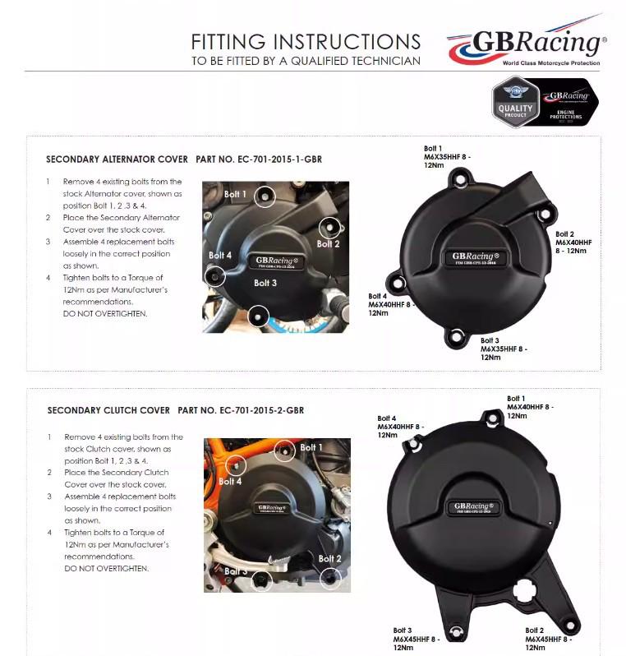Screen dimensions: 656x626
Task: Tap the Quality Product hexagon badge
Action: click(515, 104)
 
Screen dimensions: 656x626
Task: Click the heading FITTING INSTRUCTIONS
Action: click(305, 42)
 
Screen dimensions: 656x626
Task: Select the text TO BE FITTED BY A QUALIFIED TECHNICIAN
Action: click(306, 61)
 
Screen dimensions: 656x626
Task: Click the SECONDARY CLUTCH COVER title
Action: click(108, 410)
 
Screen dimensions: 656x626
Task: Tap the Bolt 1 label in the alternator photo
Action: click(235, 194)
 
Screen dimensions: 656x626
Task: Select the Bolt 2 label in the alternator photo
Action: click(328, 243)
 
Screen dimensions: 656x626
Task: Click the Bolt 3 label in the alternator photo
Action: click(265, 283)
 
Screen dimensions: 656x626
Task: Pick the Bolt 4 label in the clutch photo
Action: click(231, 481)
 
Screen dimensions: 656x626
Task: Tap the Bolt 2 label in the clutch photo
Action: click(329, 559)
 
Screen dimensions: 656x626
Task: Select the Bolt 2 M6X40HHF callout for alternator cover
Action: click(573, 243)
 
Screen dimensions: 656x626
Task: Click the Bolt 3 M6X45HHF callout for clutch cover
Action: click(416, 639)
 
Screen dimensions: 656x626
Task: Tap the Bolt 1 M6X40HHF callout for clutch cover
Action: click(529, 407)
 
